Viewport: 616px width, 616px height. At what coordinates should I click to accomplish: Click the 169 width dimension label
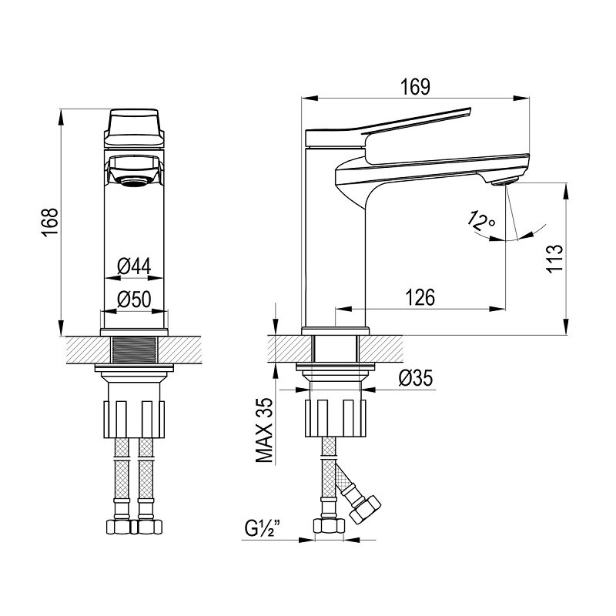coord(415,87)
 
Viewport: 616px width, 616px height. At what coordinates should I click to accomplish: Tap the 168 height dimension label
coord(49,222)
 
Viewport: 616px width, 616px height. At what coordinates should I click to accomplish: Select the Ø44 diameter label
coord(134,267)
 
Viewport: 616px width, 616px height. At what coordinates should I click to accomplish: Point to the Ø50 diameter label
coord(134,300)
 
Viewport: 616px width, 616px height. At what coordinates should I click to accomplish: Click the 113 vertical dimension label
coord(554,259)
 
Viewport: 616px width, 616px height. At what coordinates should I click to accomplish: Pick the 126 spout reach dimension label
coord(420,297)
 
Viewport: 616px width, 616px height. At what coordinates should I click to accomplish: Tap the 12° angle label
coord(481,223)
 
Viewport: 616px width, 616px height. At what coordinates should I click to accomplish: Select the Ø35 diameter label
coord(415,378)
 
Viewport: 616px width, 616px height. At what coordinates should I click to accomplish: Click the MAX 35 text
coord(264,430)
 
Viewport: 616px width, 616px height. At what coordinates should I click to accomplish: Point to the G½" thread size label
coord(263,529)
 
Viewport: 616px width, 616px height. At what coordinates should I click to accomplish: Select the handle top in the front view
coord(134,129)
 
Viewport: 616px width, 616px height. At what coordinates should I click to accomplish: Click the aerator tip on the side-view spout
coord(504,182)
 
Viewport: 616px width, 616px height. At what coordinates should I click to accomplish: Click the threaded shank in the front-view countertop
coord(134,350)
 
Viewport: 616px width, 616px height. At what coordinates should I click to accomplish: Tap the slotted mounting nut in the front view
coord(134,419)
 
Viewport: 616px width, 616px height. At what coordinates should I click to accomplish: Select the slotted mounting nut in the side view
coord(335,418)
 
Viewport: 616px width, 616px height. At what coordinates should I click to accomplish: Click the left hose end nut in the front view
coord(119,527)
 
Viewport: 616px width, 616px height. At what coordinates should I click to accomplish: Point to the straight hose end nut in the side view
coord(330,526)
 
